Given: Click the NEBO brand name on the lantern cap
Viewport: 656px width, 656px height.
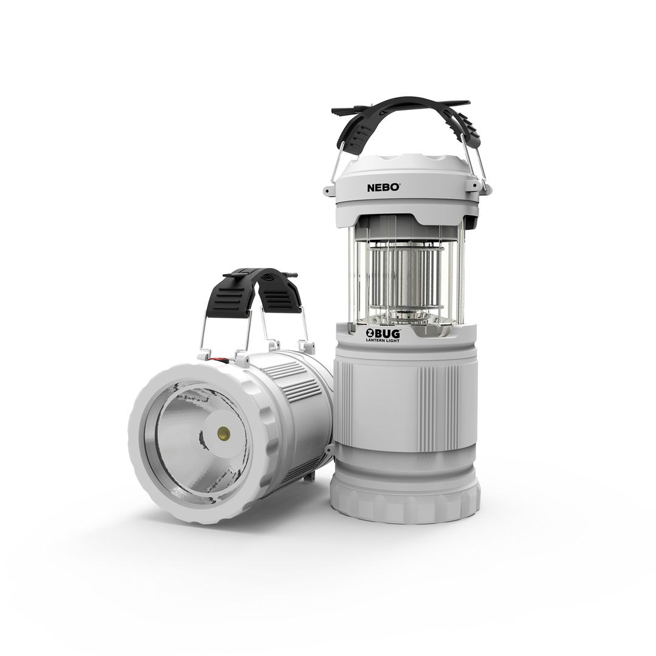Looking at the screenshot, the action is pyautogui.click(x=383, y=188).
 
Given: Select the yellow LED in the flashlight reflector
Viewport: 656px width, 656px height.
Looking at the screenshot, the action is pyautogui.click(x=224, y=434).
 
